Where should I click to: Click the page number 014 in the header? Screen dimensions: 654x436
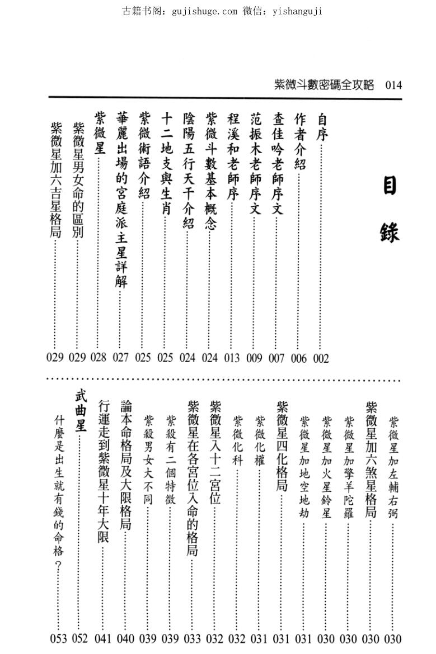(x=393, y=85)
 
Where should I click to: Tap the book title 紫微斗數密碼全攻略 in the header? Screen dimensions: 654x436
(x=324, y=85)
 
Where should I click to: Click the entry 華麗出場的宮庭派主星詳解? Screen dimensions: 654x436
(x=121, y=198)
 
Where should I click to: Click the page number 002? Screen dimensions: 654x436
(x=321, y=358)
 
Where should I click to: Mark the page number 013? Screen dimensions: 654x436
(x=232, y=358)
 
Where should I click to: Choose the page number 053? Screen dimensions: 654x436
(x=58, y=638)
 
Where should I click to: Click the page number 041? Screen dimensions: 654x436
(x=103, y=638)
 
